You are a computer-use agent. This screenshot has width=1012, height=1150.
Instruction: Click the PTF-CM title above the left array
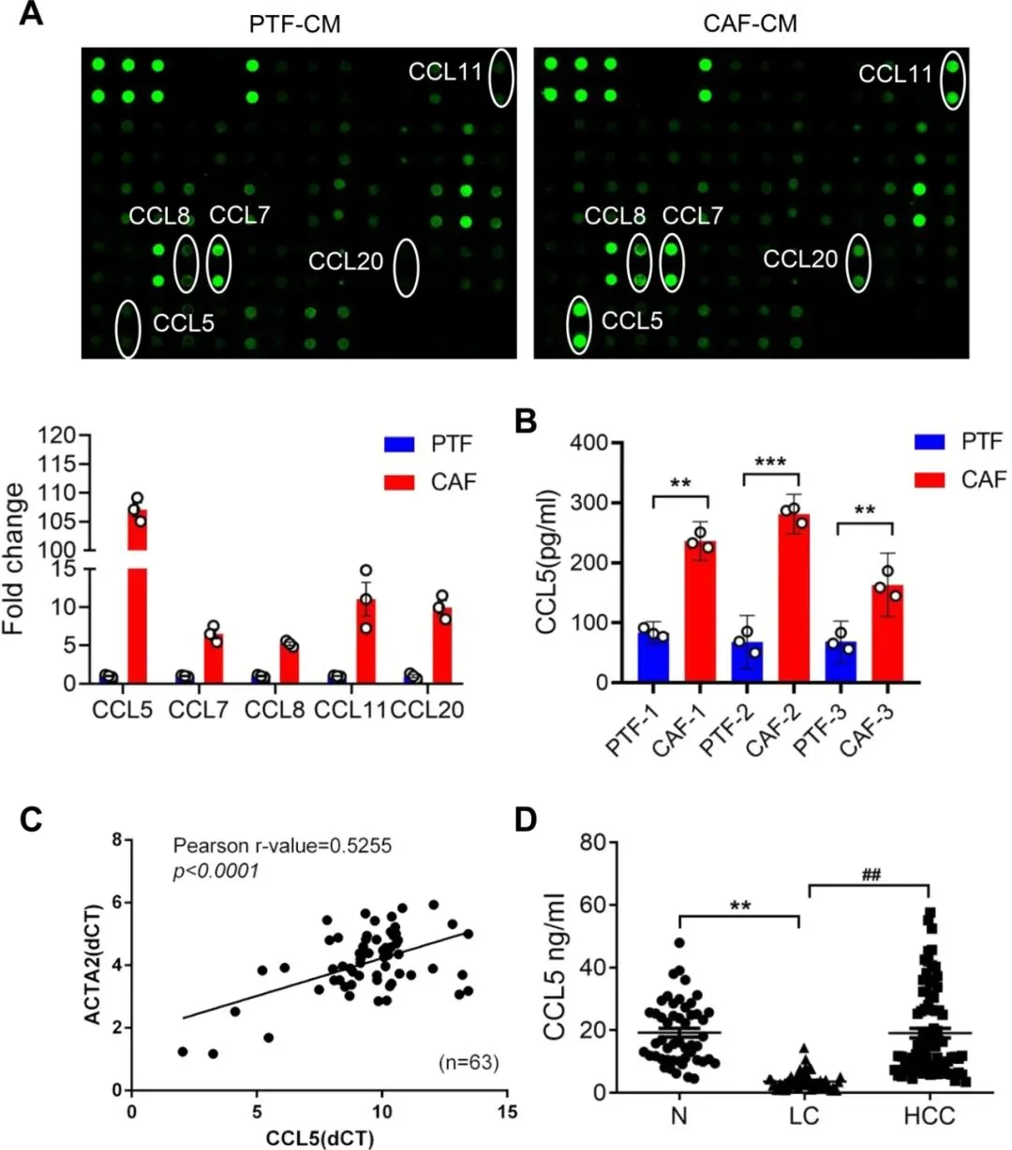click(295, 24)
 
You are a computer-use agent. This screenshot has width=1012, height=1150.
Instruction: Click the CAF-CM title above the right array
click(750, 23)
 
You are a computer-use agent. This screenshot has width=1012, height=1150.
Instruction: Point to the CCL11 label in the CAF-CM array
click(895, 74)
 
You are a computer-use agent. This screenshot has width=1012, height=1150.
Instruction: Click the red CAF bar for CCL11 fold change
click(366, 641)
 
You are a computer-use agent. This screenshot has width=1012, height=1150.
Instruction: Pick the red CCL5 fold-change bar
click(137, 596)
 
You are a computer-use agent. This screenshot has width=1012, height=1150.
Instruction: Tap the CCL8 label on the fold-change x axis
click(275, 710)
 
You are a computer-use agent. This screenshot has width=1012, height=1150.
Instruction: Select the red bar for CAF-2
click(794, 598)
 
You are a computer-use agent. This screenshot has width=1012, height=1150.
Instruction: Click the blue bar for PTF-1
click(653, 657)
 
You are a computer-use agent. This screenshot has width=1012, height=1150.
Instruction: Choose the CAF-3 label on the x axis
click(866, 730)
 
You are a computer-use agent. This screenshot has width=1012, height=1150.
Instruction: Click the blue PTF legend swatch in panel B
click(930, 442)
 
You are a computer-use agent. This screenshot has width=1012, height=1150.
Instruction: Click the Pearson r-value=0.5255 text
click(282, 846)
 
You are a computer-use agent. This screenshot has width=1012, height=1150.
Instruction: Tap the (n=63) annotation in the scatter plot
click(469, 1062)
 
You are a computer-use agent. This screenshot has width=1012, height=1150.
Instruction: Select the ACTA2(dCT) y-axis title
click(93, 965)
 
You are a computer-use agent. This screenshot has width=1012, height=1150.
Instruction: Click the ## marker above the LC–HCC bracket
click(871, 875)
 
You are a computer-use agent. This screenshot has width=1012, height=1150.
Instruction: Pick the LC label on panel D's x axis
click(804, 1116)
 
